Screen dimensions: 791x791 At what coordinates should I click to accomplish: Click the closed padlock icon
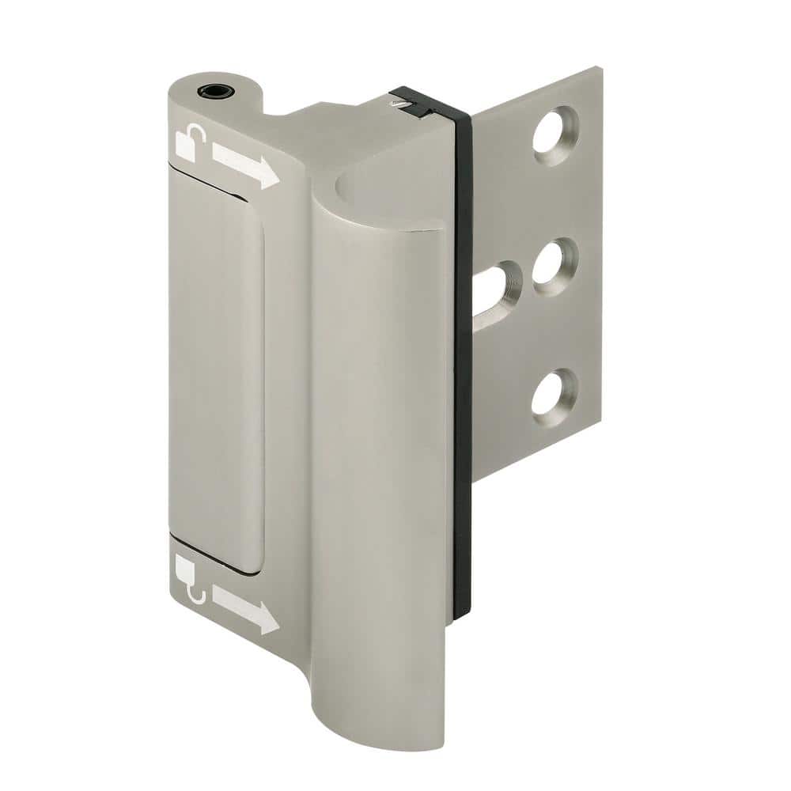tap(187, 567)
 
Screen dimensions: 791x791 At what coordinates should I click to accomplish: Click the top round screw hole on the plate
tap(555, 135)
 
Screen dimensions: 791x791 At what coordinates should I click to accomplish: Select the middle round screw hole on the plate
tap(554, 267)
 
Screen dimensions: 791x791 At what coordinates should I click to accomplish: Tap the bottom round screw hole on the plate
tap(554, 392)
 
